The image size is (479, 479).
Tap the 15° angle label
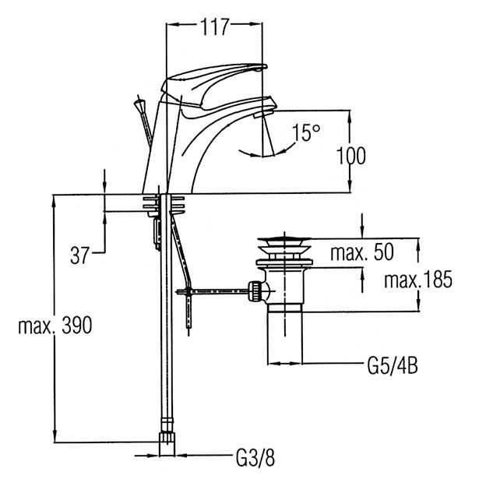[x=307, y=132]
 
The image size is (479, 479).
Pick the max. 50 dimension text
[x=362, y=252]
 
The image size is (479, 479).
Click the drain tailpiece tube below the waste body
[x=284, y=336]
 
